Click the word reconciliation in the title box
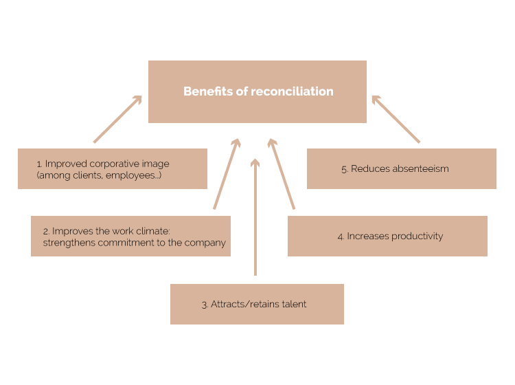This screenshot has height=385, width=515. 292,91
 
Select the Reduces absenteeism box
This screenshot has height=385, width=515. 401,168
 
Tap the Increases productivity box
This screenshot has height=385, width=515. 387,236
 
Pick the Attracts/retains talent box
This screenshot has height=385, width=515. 257,304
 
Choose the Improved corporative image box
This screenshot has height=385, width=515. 113,168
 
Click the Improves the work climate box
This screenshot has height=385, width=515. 130,236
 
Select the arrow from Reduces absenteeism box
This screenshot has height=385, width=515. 396,119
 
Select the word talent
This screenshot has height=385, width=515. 293,304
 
